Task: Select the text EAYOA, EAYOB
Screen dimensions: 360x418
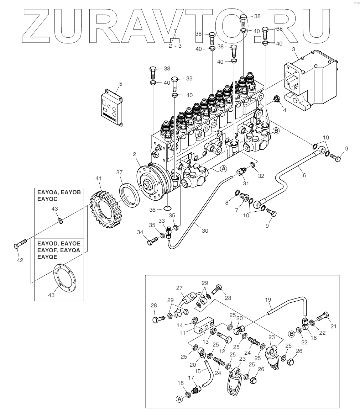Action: pos(59,192)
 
